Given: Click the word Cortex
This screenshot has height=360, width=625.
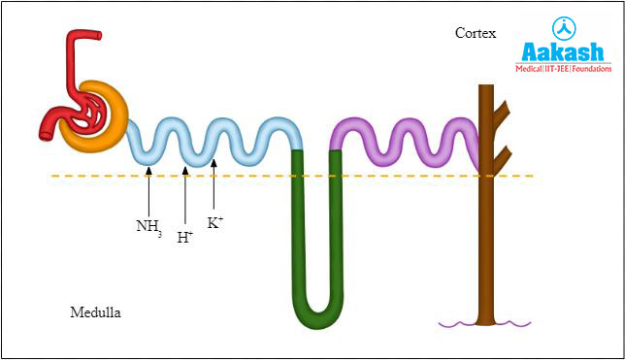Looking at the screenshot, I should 476,33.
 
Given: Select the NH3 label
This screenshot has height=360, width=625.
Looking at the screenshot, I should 148,228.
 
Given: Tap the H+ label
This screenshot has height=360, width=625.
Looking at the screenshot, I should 184,236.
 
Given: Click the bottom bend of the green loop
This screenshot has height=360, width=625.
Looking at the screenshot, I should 317,312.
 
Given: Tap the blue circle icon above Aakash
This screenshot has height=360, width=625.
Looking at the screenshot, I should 565,27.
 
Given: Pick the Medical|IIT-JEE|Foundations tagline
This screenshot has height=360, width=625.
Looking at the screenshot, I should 566,69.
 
